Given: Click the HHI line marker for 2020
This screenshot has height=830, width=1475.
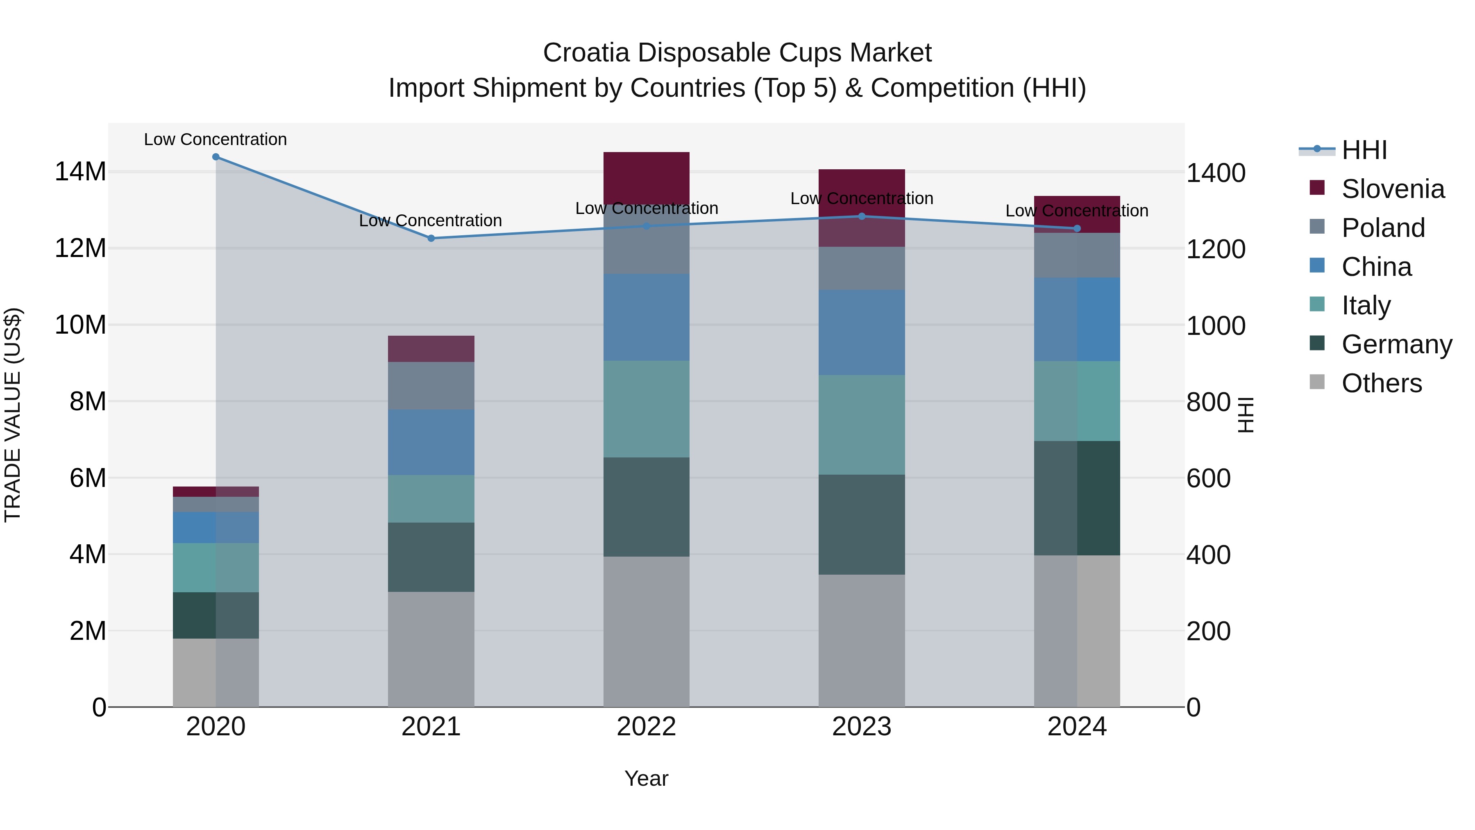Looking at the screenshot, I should [x=216, y=157].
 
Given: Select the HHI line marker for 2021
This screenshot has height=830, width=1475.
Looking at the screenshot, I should [x=431, y=238].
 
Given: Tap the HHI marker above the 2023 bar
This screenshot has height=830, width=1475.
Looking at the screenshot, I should [x=862, y=216].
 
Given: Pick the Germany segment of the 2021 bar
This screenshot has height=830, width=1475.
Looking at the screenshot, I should [x=431, y=557].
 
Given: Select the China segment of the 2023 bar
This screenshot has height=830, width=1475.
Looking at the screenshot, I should [x=862, y=332].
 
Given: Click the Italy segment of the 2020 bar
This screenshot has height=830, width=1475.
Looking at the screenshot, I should [x=216, y=567].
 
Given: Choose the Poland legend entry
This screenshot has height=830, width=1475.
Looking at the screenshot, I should [x=1382, y=228].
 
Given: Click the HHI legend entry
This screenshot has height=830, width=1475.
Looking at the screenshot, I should [x=1364, y=150].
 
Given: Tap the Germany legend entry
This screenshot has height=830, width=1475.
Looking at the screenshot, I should [x=1396, y=344].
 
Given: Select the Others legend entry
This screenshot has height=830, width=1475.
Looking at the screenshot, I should [x=1381, y=383].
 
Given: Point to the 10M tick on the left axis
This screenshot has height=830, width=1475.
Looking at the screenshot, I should [x=80, y=325].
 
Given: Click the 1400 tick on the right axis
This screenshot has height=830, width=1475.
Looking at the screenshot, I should [x=1215, y=173].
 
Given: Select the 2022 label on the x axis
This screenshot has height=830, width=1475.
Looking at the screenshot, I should [x=647, y=727].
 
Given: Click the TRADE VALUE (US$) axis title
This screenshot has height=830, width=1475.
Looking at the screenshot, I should [x=13, y=415].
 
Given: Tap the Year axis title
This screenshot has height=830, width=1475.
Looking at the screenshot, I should [x=647, y=778].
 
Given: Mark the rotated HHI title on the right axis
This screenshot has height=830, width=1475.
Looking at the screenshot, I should [x=1245, y=415].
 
